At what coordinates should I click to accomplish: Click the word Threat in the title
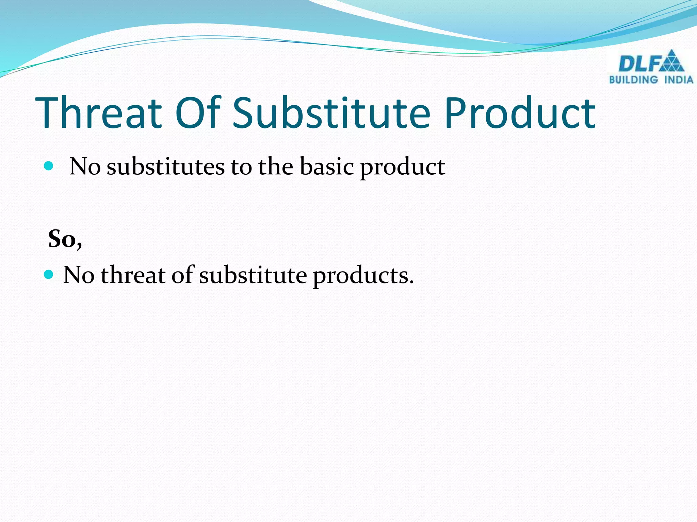99,113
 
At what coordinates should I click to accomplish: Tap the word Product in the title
520,113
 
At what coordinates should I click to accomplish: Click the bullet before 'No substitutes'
49,166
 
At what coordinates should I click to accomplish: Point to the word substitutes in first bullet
166,167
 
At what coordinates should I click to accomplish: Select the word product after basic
402,168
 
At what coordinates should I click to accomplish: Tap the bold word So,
65,239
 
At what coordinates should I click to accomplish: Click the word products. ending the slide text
363,275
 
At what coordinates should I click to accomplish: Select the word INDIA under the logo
679,80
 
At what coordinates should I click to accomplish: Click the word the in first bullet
275,167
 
